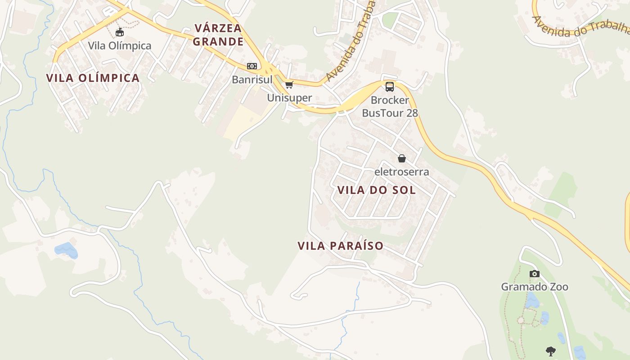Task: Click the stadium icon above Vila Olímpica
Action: tap(120, 32)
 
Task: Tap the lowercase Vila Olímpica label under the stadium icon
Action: tap(120, 46)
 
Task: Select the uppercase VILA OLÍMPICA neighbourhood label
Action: tap(93, 78)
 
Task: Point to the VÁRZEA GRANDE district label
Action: tap(219, 35)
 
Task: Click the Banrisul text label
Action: tap(252, 80)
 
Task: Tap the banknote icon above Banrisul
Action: tap(252, 66)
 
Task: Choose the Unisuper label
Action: tap(289, 98)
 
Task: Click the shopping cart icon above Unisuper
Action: tap(289, 85)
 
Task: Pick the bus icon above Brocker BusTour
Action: tap(390, 87)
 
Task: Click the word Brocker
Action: tap(390, 100)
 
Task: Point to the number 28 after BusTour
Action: tap(412, 112)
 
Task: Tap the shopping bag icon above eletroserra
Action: tap(402, 158)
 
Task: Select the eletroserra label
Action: tap(402, 172)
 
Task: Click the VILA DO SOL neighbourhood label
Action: tap(376, 190)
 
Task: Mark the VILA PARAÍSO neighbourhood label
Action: tap(340, 246)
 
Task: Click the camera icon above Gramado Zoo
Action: tap(534, 274)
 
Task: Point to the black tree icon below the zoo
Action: tap(550, 351)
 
